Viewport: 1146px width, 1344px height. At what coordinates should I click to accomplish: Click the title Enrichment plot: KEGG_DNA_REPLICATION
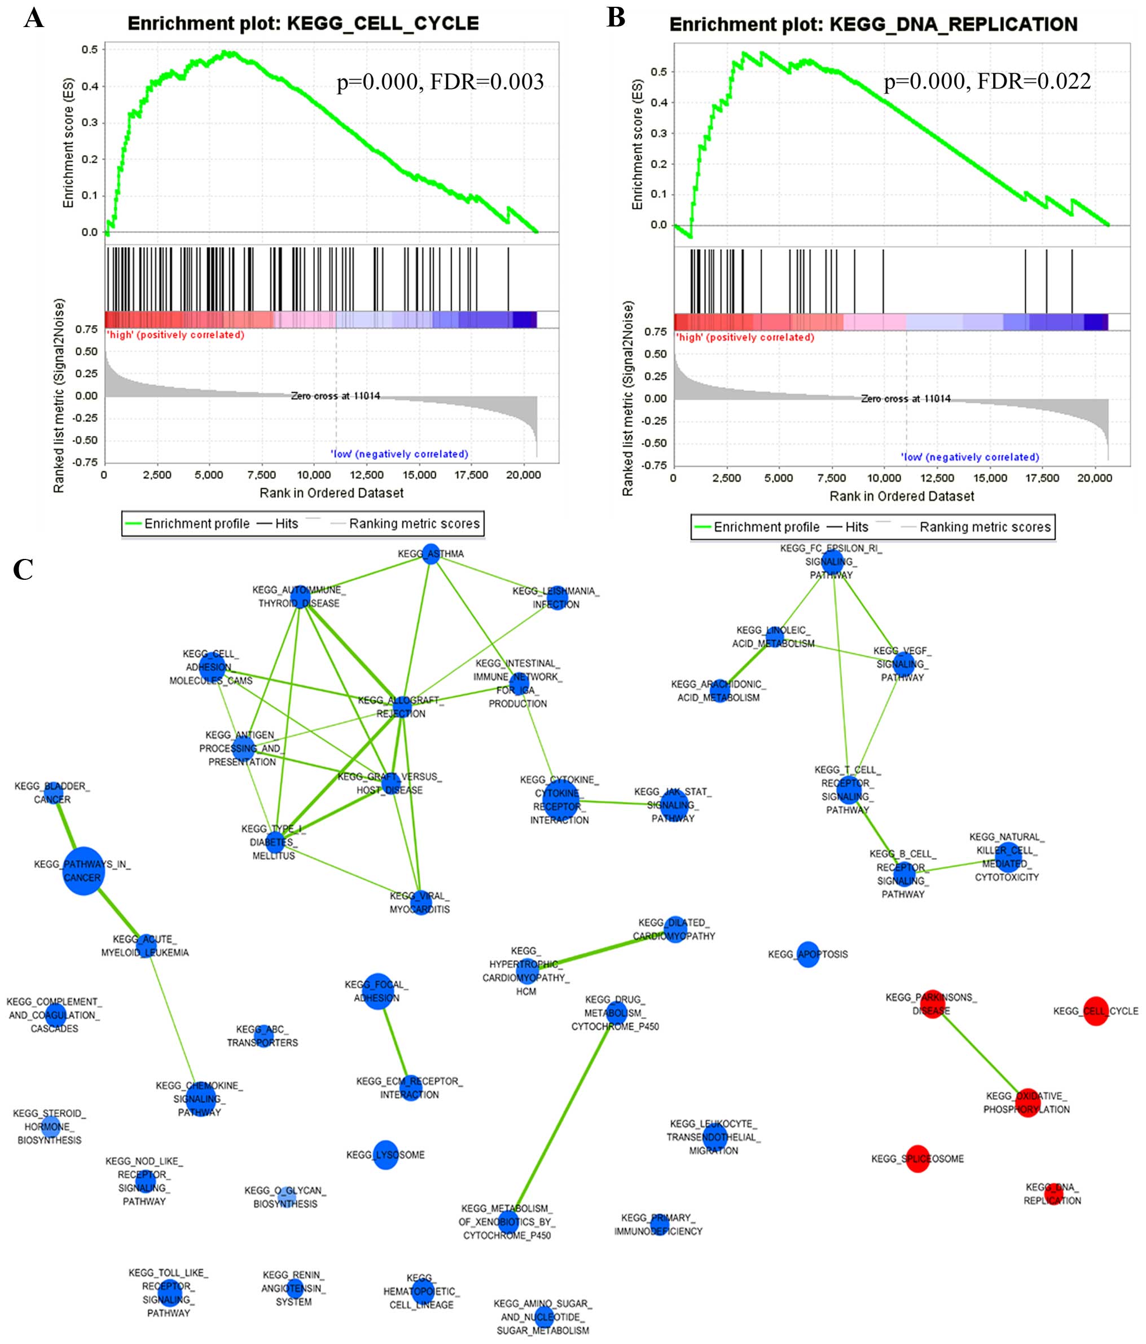tap(873, 25)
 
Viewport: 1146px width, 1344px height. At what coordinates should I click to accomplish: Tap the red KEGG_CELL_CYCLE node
tap(1095, 1011)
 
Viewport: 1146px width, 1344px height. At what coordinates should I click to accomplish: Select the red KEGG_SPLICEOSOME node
tap(917, 1158)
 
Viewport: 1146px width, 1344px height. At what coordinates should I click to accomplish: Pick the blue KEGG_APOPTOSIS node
tap(807, 954)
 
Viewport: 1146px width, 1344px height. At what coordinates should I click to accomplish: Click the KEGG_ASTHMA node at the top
tap(432, 554)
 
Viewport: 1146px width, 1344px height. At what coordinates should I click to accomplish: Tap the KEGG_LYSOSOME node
tap(385, 1154)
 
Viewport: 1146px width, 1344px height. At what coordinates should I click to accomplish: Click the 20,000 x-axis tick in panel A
tap(523, 475)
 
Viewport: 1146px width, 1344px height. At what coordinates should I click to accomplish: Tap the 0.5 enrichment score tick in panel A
tap(90, 49)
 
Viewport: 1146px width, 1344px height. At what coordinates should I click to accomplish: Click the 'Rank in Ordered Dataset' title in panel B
tap(901, 496)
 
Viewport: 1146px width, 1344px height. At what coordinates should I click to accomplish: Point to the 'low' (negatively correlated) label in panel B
tap(969, 457)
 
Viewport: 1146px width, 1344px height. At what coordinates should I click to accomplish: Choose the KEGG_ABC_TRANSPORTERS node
tap(263, 1035)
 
